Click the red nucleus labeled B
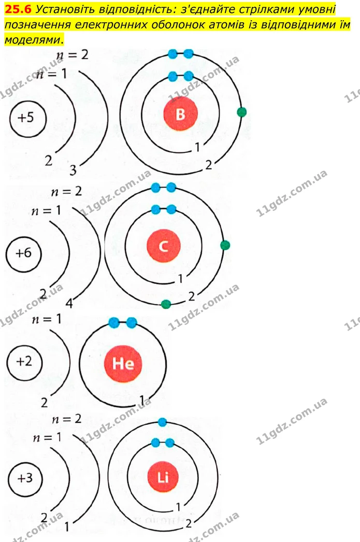click(180, 113)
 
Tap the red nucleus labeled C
click(163, 246)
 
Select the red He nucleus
click(123, 364)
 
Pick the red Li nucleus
click(163, 477)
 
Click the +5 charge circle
click(27, 118)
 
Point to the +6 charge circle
click(23, 254)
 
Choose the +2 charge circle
click(24, 362)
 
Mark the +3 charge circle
click(25, 479)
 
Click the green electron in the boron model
click(242, 112)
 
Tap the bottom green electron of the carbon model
click(166, 304)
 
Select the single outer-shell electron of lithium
click(162, 422)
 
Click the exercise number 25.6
click(18, 9)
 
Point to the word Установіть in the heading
click(61, 9)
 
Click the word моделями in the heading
click(33, 40)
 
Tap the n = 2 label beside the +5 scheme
click(72, 54)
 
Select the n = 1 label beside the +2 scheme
click(46, 319)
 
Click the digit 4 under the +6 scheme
click(69, 304)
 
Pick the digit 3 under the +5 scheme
click(73, 170)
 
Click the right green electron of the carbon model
click(225, 245)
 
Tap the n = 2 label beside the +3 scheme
click(66, 419)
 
